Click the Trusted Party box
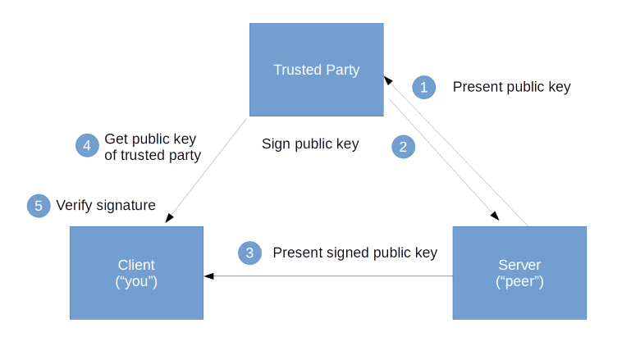[x=316, y=70]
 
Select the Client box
[x=136, y=272]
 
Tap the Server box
[x=519, y=272]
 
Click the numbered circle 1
[x=423, y=87]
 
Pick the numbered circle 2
[x=403, y=147]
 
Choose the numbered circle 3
[x=250, y=253]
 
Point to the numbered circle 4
[x=86, y=146]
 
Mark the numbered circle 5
[x=38, y=206]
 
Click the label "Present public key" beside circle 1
[x=511, y=87]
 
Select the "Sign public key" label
[x=310, y=144]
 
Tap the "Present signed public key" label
[x=354, y=253]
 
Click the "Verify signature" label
[x=106, y=205]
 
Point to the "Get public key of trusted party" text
[x=152, y=147]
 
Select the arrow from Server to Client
[x=328, y=276]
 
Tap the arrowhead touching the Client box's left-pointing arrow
[x=210, y=276]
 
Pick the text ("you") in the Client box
[x=136, y=281]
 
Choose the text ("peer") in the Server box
[x=519, y=281]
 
